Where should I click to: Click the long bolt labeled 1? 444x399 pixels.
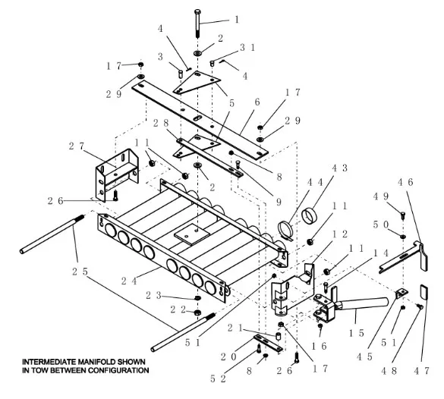click(197, 24)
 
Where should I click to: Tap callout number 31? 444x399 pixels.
click(247, 48)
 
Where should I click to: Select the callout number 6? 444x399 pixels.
click(257, 102)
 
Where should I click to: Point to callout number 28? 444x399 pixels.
click(161, 123)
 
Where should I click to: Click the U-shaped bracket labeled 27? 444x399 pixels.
click(117, 174)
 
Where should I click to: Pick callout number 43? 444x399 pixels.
click(339, 168)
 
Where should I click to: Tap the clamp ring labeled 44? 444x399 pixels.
click(285, 229)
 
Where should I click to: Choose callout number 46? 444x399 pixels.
click(405, 182)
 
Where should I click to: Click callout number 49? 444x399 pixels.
click(381, 196)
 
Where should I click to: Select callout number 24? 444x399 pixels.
click(129, 281)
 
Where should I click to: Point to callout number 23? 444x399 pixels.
click(153, 295)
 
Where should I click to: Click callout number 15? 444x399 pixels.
click(357, 333)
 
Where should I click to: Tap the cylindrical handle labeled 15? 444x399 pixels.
click(361, 304)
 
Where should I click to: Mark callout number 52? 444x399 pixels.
click(218, 379)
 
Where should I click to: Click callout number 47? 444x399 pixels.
click(422, 370)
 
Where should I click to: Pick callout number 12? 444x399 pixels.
click(340, 234)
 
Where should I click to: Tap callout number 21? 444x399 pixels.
click(235, 328)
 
